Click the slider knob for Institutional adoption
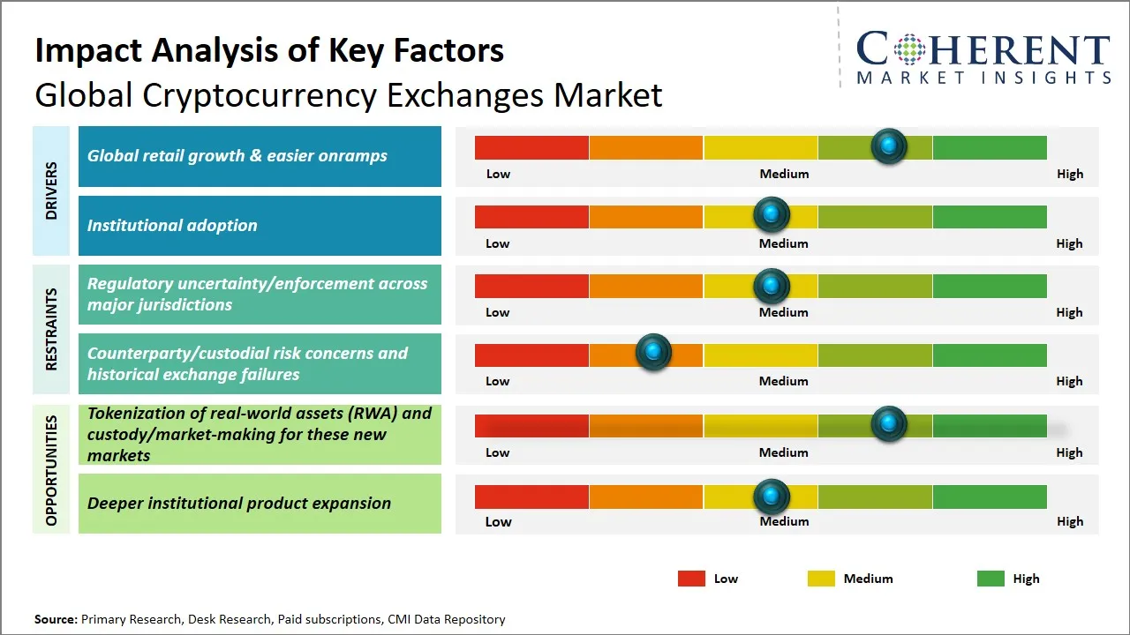point(772,214)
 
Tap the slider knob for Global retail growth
point(888,146)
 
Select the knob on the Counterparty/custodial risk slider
point(653,353)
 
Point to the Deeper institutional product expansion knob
point(772,497)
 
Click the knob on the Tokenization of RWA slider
point(888,424)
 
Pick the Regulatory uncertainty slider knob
point(772,285)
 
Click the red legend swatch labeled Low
point(691,579)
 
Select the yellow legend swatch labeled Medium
point(821,579)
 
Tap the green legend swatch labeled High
point(991,579)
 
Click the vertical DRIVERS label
point(51,190)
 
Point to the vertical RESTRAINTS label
point(51,329)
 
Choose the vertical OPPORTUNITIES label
point(51,470)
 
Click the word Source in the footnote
point(56,619)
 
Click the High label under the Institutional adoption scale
point(1069,243)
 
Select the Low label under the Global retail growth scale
point(498,174)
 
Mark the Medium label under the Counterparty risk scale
point(783,381)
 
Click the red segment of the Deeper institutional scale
point(531,497)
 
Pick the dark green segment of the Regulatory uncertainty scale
point(989,285)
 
